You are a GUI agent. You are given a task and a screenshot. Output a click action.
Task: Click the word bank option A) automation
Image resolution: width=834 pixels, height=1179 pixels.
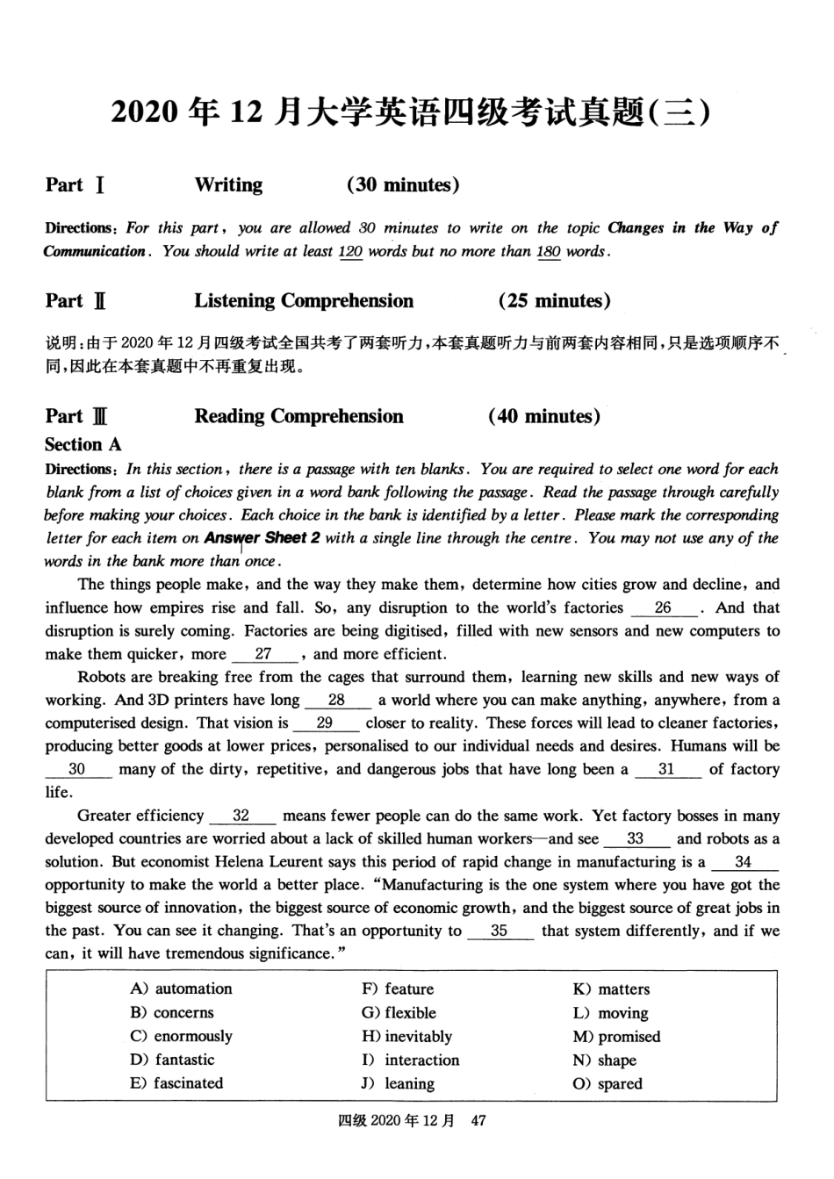tap(181, 988)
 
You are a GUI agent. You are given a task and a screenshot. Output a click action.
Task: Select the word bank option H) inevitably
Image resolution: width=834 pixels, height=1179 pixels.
tap(406, 1036)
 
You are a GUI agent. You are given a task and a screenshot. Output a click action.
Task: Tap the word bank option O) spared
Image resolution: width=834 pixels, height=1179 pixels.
tap(608, 1083)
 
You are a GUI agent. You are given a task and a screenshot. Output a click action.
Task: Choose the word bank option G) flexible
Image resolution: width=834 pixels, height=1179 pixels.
tap(399, 1012)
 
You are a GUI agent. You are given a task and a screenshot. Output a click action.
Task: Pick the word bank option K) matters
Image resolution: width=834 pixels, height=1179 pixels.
tap(611, 988)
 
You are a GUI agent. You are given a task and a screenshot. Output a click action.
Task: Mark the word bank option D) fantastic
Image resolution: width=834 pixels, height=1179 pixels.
tap(172, 1060)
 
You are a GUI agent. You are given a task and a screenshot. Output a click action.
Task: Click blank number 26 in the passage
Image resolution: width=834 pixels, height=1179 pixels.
tap(663, 607)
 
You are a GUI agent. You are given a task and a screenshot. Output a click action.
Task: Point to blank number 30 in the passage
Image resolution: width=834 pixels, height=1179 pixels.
tap(77, 769)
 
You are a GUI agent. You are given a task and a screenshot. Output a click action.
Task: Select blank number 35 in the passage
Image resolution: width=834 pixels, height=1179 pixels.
tap(500, 931)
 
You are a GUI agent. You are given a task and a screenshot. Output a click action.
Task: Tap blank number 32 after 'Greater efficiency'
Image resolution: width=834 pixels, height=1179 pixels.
tap(241, 816)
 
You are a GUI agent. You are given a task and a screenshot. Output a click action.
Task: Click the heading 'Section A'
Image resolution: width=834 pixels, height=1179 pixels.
tap(83, 444)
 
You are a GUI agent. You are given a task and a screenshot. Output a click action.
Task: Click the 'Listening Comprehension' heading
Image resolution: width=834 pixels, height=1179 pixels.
tap(304, 301)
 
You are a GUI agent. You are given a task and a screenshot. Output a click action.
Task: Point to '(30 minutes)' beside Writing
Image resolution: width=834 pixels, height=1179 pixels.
tap(403, 184)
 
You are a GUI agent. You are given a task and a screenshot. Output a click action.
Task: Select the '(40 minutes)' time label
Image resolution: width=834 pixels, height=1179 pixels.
tap(544, 416)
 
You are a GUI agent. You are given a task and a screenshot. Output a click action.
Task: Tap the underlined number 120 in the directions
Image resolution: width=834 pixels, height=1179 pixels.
tap(350, 251)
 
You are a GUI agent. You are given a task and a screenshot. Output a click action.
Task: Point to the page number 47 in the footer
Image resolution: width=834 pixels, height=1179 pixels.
tap(478, 1120)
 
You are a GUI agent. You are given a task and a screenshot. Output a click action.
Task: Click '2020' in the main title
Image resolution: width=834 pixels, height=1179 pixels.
tap(147, 112)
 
